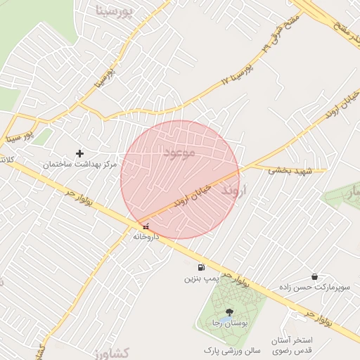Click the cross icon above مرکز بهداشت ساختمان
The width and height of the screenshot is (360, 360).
[79, 153]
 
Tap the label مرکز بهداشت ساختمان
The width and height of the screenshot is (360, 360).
[79, 164]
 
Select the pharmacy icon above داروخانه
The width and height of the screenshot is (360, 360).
[146, 226]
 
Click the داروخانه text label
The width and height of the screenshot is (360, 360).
[146, 237]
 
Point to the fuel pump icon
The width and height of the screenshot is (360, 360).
[202, 268]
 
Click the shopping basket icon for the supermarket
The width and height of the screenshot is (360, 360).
[313, 276]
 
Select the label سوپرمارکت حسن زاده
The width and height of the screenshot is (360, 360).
[313, 288]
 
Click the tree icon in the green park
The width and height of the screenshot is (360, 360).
[229, 311]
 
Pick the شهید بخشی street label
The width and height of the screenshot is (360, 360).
[288, 169]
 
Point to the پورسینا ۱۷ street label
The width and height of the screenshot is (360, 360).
[235, 73]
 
